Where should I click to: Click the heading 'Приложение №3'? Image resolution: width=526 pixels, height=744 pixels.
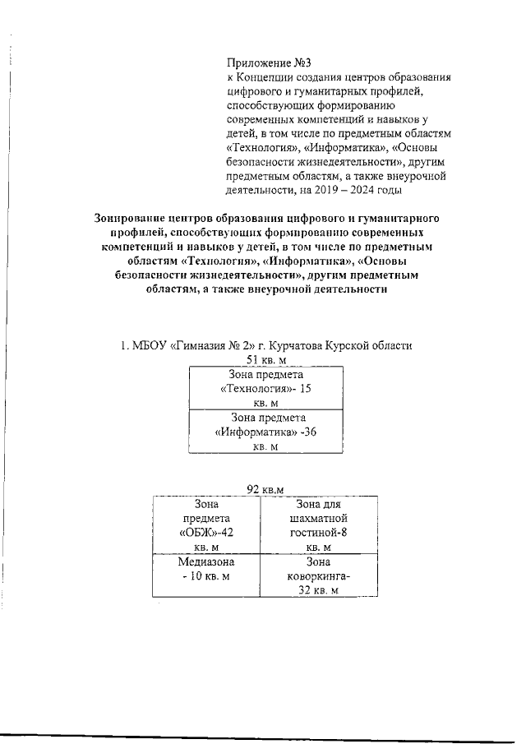[x=270, y=62]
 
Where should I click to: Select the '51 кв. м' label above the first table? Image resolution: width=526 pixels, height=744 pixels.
[x=265, y=360]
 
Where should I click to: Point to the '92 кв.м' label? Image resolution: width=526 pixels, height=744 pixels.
[x=265, y=489]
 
